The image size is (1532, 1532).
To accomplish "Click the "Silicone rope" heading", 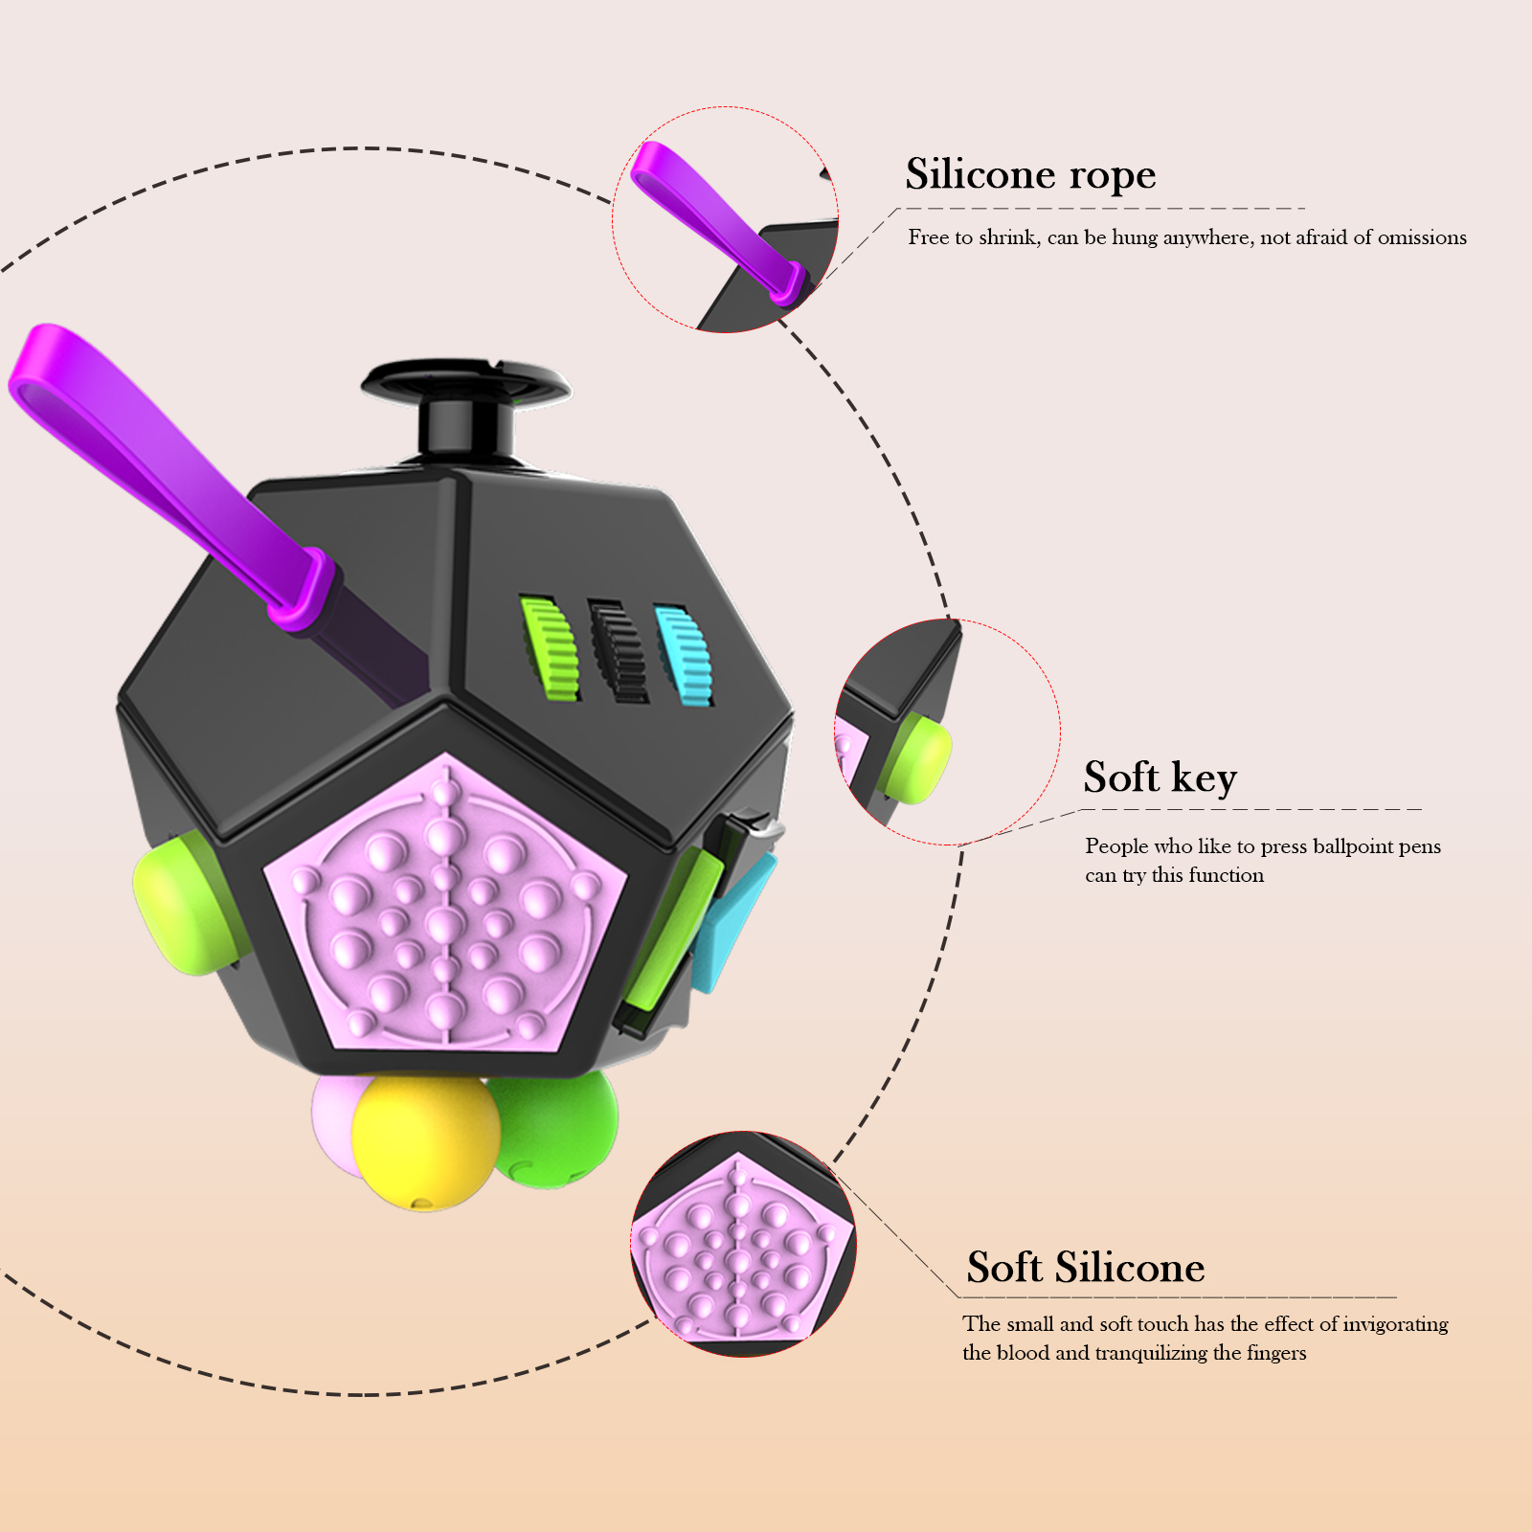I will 1030,175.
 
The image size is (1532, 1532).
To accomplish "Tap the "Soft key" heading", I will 1160,777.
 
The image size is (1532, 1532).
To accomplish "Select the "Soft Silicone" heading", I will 1085,1268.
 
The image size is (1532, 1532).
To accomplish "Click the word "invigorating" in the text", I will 1395,1324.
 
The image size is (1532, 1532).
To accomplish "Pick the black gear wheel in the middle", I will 618,651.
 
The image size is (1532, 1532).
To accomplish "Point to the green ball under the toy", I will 555,1130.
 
